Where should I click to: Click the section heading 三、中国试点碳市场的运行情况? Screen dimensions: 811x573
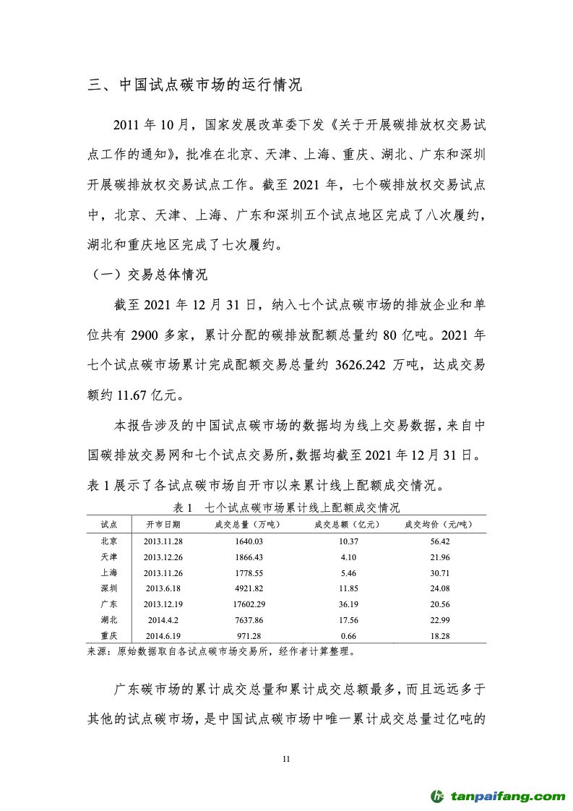pyautogui.click(x=194, y=85)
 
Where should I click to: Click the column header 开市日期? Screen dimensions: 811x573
pyautogui.click(x=163, y=524)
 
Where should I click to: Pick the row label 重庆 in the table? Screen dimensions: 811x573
pyautogui.click(x=109, y=635)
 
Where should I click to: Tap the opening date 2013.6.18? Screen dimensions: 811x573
pyautogui.click(x=163, y=588)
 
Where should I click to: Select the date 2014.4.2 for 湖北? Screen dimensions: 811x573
pyautogui.click(x=163, y=619)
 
